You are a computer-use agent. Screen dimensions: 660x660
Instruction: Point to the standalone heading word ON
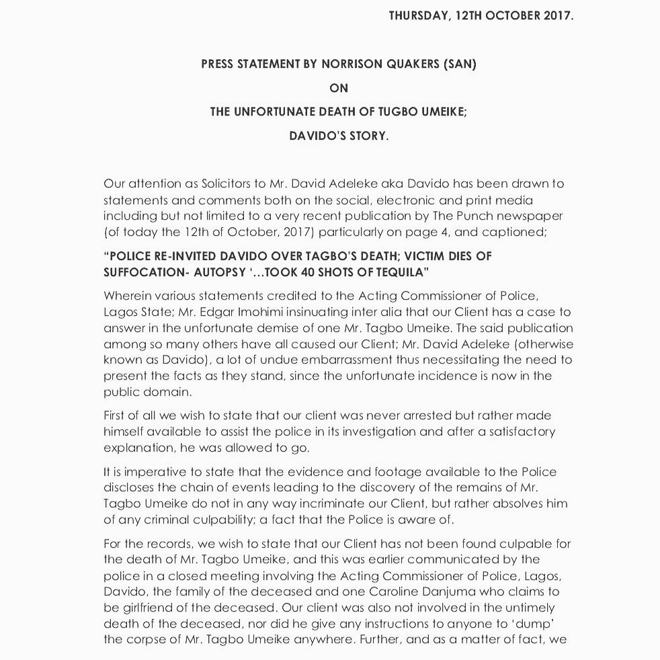click(x=339, y=88)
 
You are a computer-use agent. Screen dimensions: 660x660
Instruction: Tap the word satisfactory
click(x=511, y=431)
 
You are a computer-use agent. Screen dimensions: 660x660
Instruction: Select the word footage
click(x=386, y=472)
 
